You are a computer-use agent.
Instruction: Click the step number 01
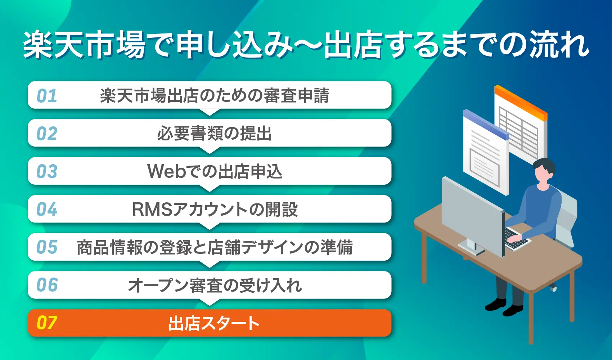47,96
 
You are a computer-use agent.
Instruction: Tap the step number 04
47,209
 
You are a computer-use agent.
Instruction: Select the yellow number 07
47,323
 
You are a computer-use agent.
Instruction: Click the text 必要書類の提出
214,134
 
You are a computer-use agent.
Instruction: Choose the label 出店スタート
214,323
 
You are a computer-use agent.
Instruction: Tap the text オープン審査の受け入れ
215,285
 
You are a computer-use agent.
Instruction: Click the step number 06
47,285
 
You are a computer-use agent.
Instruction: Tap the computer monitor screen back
472,212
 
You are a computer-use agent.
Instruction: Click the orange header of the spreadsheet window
521,102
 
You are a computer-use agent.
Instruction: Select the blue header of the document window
486,124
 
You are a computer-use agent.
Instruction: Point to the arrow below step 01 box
210,112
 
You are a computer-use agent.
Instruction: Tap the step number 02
47,134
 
